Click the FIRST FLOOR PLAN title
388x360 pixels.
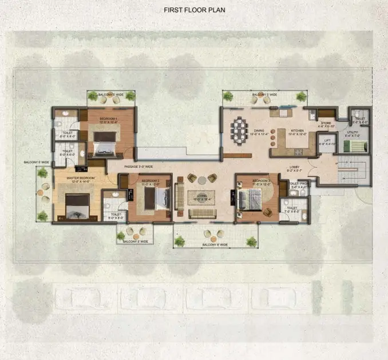[194, 10]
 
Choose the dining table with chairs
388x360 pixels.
[237, 128]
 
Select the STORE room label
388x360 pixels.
[326, 122]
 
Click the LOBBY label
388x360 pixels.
[295, 168]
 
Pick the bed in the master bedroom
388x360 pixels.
[77, 206]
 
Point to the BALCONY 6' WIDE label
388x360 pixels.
[215, 245]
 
